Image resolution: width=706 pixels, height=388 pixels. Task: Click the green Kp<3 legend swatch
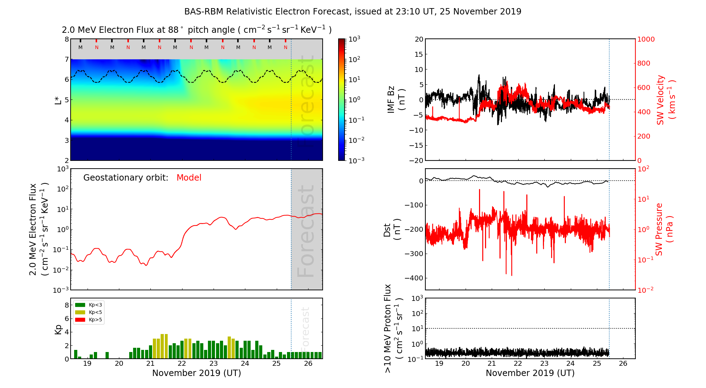click(80, 305)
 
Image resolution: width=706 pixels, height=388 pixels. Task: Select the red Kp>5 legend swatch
click(80, 320)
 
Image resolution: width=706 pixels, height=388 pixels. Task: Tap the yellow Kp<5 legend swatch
click(80, 313)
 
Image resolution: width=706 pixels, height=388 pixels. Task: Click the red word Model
click(189, 178)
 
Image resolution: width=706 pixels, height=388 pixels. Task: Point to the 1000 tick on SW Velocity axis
click(646, 40)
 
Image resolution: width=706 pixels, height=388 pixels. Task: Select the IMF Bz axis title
click(396, 99)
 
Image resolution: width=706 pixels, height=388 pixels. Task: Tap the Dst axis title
click(392, 230)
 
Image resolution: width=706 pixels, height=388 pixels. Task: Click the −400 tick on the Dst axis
click(414, 278)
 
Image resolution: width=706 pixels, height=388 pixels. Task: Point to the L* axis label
click(58, 99)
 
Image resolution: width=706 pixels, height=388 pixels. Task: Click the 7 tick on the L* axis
click(66, 60)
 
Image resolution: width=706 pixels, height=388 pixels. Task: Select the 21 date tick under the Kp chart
click(150, 364)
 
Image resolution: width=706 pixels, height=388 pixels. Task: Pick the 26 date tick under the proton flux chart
click(623, 364)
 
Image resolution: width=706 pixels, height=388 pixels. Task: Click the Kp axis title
click(58, 329)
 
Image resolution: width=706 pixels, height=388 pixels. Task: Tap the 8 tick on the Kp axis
click(66, 305)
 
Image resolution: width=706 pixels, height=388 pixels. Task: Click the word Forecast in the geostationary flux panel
click(306, 231)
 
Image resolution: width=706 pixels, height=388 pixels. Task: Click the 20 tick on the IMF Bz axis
click(419, 40)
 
